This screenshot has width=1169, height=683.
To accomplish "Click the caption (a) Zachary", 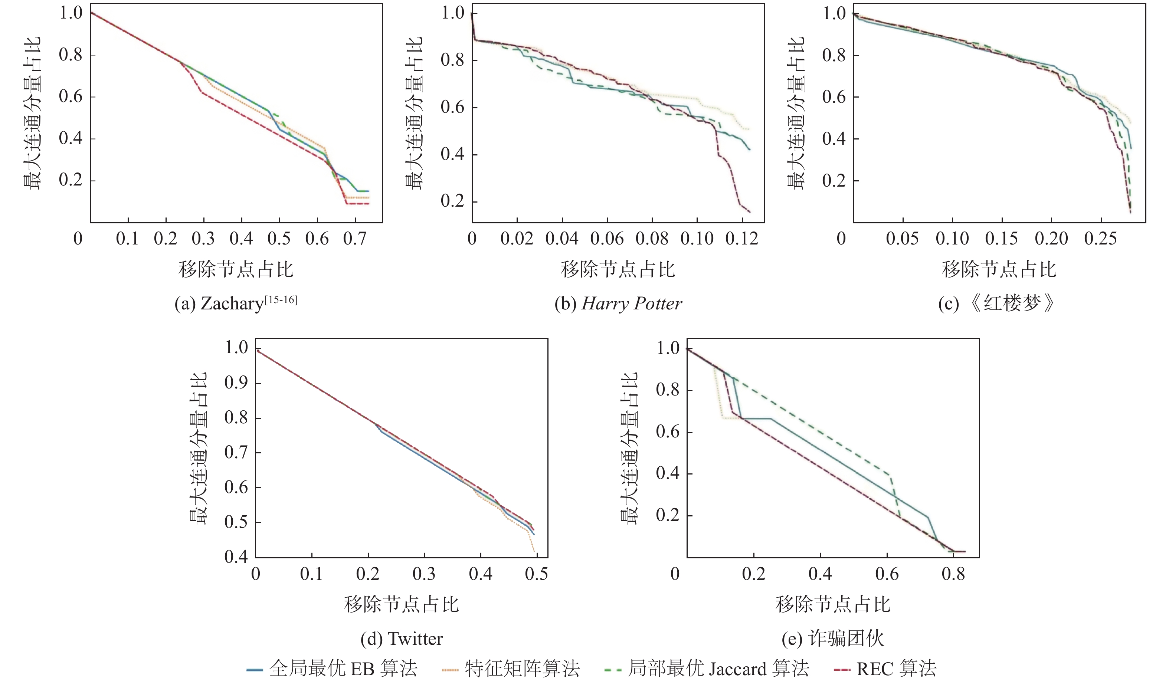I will coord(236,304).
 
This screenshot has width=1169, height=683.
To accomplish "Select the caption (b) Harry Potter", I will coord(618,304).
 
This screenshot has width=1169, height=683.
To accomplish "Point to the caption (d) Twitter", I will coord(402,638).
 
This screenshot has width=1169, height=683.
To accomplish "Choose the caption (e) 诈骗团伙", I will coord(833,638).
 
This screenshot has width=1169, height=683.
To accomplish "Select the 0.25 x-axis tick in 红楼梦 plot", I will coord(1100,239).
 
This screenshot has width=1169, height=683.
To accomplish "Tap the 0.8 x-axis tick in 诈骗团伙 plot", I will coord(953,574).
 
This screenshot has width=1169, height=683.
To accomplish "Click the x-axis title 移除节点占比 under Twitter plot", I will coord(402,605).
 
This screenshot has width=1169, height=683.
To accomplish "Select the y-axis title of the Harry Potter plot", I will coord(414,113).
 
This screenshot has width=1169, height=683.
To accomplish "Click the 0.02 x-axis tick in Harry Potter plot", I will coord(516,239).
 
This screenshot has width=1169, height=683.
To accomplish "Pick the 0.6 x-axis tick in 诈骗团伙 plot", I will coord(887,574).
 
